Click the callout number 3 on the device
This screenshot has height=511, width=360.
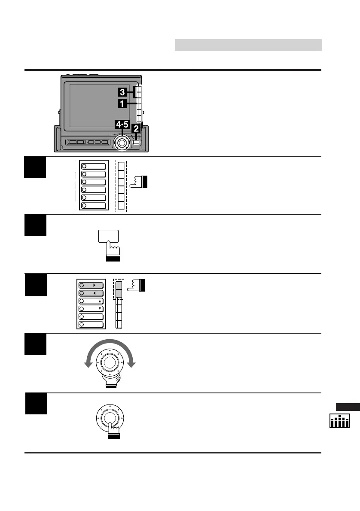pos(122,92)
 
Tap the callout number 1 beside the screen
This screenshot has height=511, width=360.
pos(122,103)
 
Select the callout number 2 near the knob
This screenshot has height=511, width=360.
pos(136,128)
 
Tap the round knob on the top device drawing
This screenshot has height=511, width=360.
pos(122,142)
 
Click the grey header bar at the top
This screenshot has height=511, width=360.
pos(248,45)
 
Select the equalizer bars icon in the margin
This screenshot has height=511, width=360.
pos(339,421)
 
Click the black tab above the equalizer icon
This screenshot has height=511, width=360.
pos(348,407)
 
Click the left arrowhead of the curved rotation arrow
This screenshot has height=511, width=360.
pos(88,364)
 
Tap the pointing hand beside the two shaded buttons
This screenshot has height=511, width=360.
pos(138,285)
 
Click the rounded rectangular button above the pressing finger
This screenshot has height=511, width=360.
pos(108,236)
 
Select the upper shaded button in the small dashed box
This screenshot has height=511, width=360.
pos(119,284)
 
